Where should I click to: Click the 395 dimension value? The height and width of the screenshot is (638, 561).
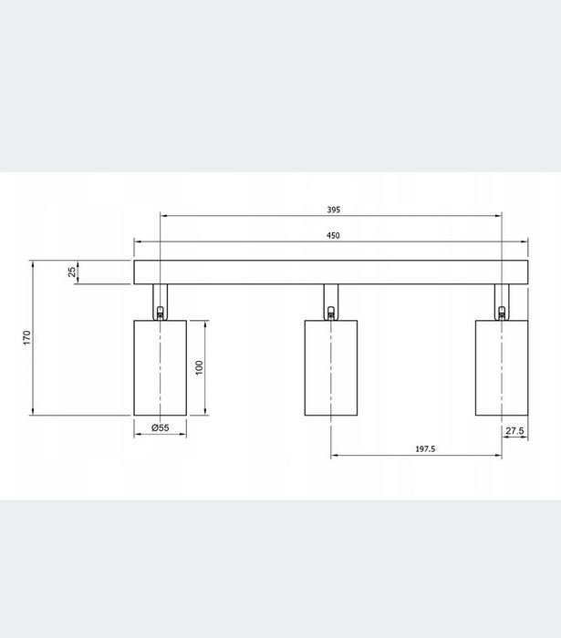tap(333, 210)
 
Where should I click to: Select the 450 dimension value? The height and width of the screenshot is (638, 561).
tap(333, 235)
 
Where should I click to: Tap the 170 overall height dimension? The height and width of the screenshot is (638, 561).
tap(27, 337)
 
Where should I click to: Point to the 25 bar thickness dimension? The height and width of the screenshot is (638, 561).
tap(72, 272)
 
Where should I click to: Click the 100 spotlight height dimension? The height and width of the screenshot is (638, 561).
tap(199, 366)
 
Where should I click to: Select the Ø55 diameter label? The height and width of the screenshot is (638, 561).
tap(160, 427)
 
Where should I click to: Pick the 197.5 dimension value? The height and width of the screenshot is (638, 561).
tap(422, 448)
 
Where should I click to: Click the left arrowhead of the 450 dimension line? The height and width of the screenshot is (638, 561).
tap(138, 242)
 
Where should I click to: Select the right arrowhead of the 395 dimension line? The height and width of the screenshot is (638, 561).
tap(498, 216)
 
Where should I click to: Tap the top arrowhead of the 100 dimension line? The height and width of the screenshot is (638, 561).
tap(205, 324)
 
